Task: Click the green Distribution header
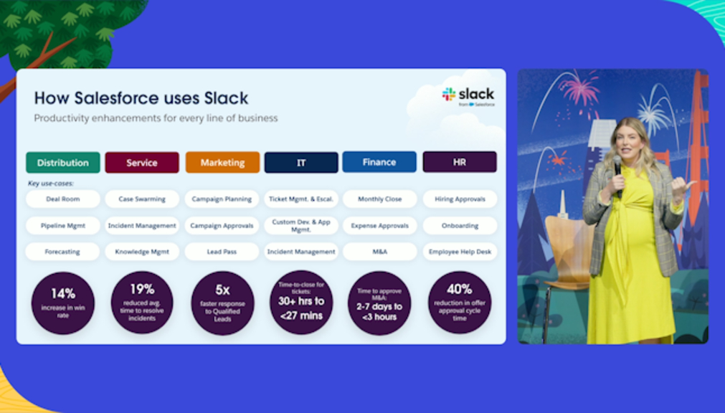(x=63, y=162)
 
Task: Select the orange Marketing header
(x=222, y=162)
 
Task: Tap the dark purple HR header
(x=460, y=162)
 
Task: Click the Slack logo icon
(x=448, y=94)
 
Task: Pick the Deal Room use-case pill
(x=63, y=199)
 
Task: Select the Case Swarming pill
(x=142, y=199)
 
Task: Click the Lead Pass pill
(x=222, y=252)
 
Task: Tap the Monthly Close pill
(x=379, y=199)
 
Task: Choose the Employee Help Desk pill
(x=460, y=252)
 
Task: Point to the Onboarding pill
(x=460, y=226)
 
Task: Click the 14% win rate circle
(x=63, y=303)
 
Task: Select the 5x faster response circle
(x=222, y=303)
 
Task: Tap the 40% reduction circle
(x=460, y=302)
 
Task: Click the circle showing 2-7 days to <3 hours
(x=379, y=303)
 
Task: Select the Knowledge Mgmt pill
(x=142, y=252)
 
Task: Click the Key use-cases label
(x=50, y=183)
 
